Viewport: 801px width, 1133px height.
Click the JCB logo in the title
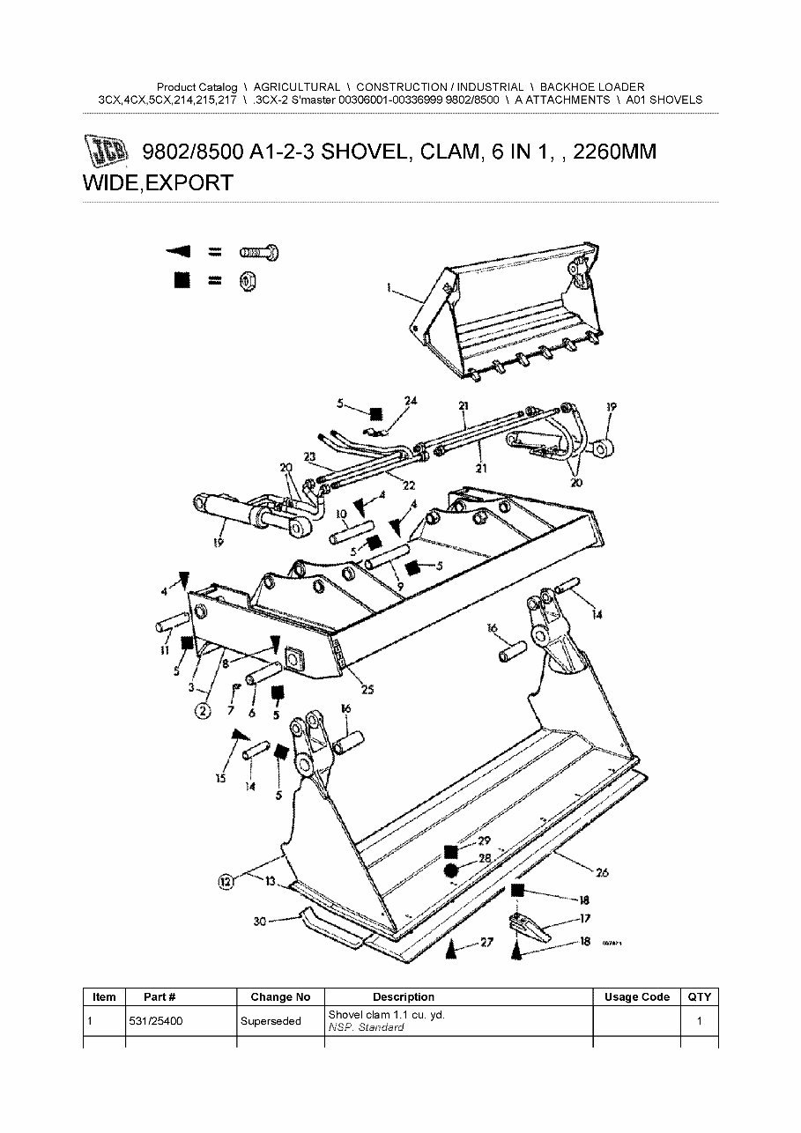click(x=107, y=152)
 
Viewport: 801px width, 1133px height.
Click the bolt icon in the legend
click(x=260, y=252)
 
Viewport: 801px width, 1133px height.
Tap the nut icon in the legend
click(x=248, y=280)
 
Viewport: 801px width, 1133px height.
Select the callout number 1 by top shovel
click(x=389, y=287)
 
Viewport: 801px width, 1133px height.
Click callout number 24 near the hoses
click(x=411, y=402)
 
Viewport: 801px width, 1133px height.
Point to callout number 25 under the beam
click(x=367, y=690)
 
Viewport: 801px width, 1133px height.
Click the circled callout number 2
click(x=203, y=710)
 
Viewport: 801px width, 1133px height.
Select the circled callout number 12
click(x=226, y=880)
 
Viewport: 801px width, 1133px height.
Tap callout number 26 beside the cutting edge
click(x=602, y=873)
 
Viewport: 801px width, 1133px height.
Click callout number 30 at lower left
click(x=259, y=922)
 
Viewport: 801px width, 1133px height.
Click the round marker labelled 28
click(x=451, y=871)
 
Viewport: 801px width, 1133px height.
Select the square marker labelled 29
click(x=451, y=851)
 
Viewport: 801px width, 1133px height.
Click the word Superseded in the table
click(x=271, y=1021)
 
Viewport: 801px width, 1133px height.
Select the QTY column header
click(x=700, y=996)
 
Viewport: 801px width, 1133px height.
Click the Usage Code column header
click(x=637, y=996)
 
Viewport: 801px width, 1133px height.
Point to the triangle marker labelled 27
click(x=451, y=950)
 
